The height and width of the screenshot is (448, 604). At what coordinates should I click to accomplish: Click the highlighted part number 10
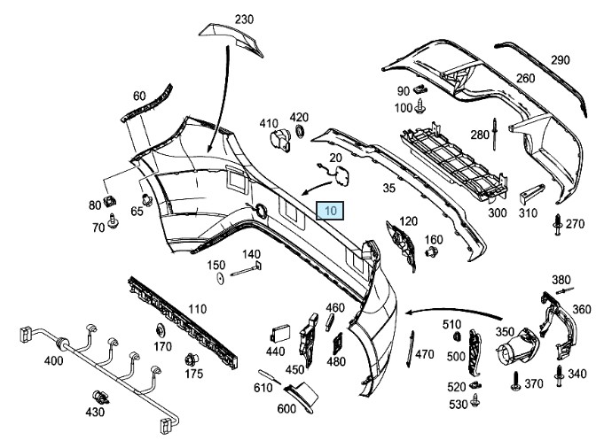[330, 211]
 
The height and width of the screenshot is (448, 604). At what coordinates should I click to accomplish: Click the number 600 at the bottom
[286, 409]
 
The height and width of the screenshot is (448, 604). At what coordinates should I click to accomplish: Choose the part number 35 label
[388, 188]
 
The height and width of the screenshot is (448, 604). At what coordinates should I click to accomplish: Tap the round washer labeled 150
[218, 280]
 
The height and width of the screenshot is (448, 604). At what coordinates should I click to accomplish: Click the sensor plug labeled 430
[99, 398]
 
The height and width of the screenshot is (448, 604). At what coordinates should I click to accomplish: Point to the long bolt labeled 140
[247, 270]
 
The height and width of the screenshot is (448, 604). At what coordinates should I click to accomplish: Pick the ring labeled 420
[299, 132]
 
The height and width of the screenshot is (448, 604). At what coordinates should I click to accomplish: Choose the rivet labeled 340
[560, 374]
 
